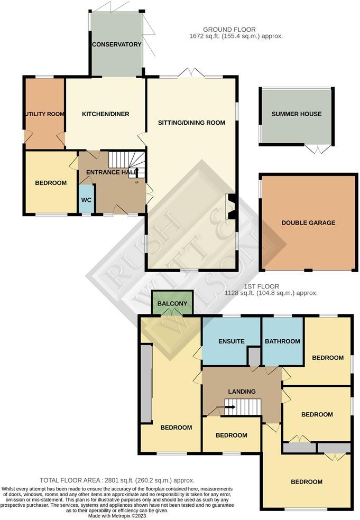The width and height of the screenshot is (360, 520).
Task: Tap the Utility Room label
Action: click(x=44, y=114)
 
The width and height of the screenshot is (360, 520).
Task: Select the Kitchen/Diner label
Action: click(x=105, y=114)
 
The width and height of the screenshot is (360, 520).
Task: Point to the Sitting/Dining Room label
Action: click(x=191, y=123)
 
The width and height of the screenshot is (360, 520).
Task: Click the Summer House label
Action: click(x=296, y=114)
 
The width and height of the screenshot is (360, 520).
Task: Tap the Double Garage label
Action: click(x=308, y=222)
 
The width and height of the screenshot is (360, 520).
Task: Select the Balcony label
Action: click(x=172, y=303)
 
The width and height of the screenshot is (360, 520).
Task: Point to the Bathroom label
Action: click(x=282, y=341)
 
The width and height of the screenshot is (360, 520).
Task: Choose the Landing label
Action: click(x=242, y=391)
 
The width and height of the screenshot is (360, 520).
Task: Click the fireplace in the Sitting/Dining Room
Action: click(x=230, y=206)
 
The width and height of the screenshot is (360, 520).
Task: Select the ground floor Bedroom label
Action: click(x=51, y=183)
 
